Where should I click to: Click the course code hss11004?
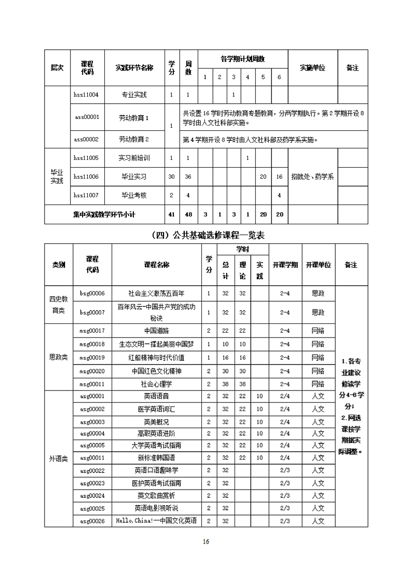pyautogui.click(x=87, y=95)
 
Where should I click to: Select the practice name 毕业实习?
pyautogui.click(x=134, y=177)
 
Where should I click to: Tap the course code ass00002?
pyautogui.click(x=87, y=139)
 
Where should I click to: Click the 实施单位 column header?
pyautogui.click(x=312, y=68)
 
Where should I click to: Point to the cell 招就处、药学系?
pyautogui.click(x=312, y=177)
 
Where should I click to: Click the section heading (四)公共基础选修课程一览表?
pyautogui.click(x=205, y=235)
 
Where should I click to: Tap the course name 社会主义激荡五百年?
pyautogui.click(x=156, y=293)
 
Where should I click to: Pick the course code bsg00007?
pyautogui.click(x=92, y=313)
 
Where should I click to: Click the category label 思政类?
pyautogui.click(x=59, y=357)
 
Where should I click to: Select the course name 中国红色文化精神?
pyautogui.click(x=156, y=371)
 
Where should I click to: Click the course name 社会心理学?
pyautogui.click(x=156, y=384)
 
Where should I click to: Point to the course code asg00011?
pyautogui.click(x=92, y=458)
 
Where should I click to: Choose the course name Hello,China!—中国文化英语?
pyautogui.click(x=156, y=520)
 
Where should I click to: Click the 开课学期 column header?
pyautogui.click(x=284, y=265)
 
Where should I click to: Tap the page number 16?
pyautogui.click(x=205, y=542)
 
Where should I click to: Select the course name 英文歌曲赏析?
pyautogui.click(x=156, y=495)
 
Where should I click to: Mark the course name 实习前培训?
pyautogui.click(x=134, y=158)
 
